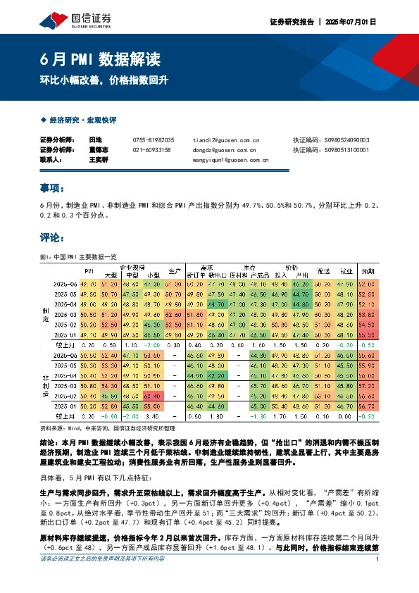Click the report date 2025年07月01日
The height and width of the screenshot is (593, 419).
point(350,23)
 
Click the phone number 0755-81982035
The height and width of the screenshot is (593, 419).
point(154,140)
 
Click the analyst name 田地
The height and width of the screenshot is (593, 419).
point(96,140)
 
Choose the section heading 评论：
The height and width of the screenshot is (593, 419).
point(54,237)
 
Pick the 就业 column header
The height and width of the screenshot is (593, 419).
point(346,270)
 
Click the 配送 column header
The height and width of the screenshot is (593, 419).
point(323,270)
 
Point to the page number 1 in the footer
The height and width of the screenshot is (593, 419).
point(378,579)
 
